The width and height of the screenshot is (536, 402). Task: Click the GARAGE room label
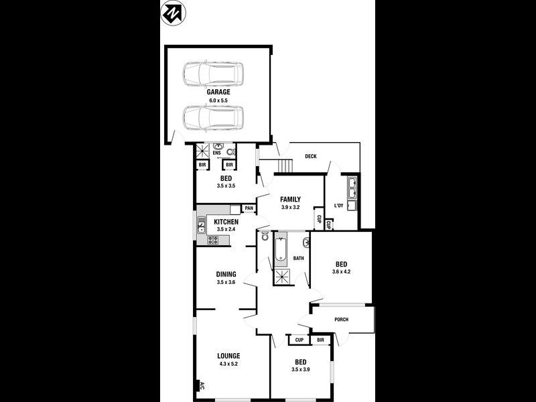218,92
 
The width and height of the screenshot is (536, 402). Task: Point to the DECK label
310,157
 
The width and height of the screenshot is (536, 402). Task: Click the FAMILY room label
290,199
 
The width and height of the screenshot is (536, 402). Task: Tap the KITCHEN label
226,222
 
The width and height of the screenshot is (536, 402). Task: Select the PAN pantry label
249,208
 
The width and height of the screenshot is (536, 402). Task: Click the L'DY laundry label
338,206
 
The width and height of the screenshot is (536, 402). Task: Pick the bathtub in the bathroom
279,251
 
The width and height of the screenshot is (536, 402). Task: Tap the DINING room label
226,274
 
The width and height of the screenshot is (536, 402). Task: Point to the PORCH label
342,320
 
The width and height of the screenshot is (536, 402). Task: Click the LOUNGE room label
228,356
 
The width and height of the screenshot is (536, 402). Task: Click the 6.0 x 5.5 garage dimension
218,100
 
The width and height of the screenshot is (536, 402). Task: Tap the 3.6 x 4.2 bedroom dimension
342,271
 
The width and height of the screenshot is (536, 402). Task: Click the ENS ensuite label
216,153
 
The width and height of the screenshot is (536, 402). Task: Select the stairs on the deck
286,165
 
